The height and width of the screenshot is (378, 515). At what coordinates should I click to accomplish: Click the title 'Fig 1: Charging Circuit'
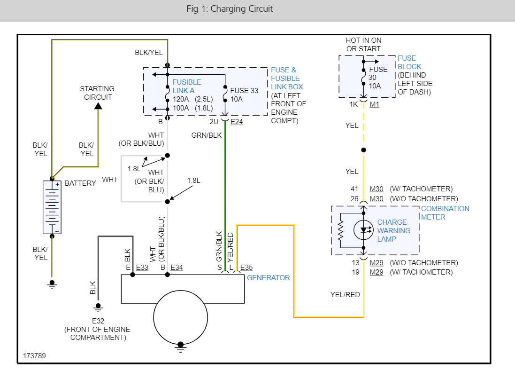(229, 9)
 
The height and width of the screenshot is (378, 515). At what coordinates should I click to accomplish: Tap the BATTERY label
(80, 183)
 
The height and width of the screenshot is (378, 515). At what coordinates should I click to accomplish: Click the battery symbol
(52, 207)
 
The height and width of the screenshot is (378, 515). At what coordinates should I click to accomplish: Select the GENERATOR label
(269, 278)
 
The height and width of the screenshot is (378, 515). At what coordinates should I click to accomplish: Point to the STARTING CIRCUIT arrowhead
(98, 106)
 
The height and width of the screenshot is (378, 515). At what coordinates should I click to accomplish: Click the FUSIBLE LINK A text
(186, 86)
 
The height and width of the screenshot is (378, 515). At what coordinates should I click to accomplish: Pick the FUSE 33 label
(244, 91)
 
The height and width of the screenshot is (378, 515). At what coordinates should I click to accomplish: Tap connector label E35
(246, 268)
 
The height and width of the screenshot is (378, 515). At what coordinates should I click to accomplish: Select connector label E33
(142, 268)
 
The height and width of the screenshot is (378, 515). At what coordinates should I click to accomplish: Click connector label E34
(177, 268)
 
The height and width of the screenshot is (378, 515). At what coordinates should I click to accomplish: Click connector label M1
(374, 104)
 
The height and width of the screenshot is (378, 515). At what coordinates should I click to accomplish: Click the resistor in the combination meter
(341, 230)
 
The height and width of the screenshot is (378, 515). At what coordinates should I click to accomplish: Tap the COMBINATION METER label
(445, 213)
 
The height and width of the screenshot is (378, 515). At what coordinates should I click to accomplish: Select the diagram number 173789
(34, 356)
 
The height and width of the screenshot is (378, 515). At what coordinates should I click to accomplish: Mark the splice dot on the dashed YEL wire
(363, 150)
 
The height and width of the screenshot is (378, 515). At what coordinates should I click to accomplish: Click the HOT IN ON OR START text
(363, 45)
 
